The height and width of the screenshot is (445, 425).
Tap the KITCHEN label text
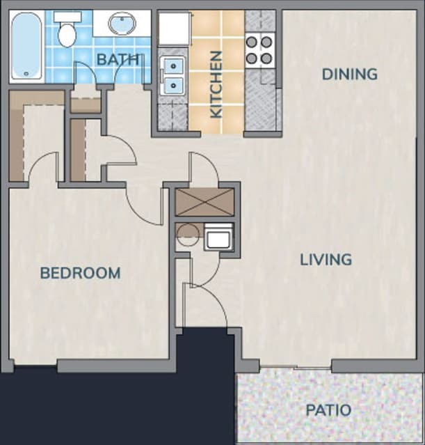[216, 84]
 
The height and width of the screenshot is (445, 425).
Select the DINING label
[350, 73]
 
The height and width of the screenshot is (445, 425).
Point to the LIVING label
[326, 260]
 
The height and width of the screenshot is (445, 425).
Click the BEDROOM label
[80, 273]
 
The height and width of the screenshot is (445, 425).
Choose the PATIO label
[328, 410]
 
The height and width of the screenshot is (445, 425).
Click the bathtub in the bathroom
[26, 45]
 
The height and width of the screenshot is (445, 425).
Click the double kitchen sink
[171, 77]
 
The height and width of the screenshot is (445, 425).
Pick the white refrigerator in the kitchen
[173, 28]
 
